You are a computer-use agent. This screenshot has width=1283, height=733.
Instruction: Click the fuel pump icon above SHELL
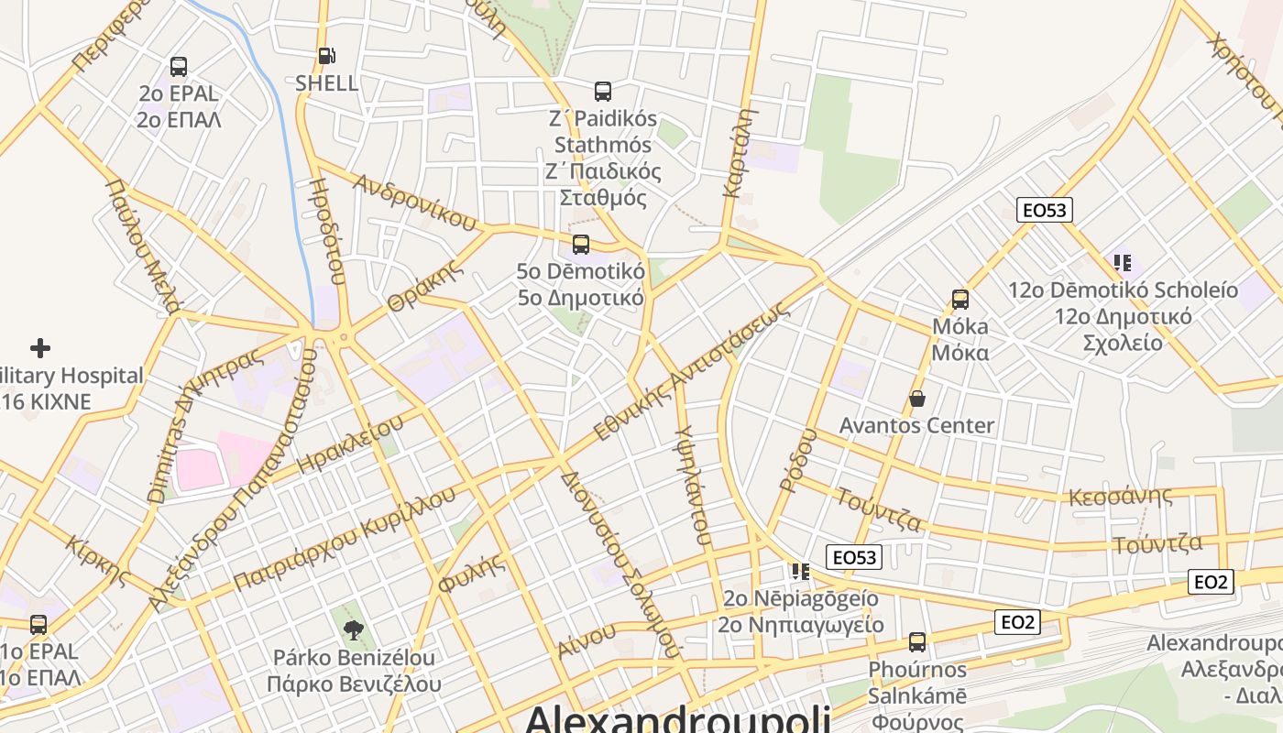coord(326,56)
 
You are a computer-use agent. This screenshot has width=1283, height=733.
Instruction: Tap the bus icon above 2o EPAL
coord(179,67)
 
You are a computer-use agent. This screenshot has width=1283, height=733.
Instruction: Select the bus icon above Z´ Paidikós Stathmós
coord(603,92)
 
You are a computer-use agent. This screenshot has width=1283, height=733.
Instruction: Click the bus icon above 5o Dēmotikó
coord(581,245)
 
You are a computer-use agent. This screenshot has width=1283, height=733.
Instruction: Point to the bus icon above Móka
coord(960,300)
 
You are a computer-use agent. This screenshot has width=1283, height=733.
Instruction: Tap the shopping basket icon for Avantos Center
coord(916,399)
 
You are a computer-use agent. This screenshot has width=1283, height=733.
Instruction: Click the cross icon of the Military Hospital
coord(40,348)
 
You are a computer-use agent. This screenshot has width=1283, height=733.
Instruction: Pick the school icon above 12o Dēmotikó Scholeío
coord(1123,263)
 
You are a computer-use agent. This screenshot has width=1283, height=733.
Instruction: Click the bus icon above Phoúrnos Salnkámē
coord(917,642)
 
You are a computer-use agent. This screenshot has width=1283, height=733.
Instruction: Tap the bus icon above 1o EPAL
coord(38,625)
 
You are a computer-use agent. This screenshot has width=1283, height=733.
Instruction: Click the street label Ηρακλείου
coord(351,443)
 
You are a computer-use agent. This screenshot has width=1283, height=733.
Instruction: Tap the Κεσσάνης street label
coord(1121,497)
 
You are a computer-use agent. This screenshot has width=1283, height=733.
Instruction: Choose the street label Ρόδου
coord(797,460)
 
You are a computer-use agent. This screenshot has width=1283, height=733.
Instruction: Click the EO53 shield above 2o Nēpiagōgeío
coord(854,557)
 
